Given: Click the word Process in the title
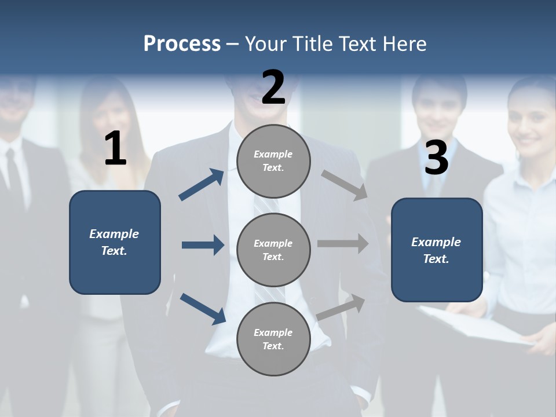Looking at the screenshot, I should [x=182, y=44].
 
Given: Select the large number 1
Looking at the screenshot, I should [x=115, y=149].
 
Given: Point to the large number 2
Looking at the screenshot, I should [x=273, y=87].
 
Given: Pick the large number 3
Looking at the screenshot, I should [x=436, y=158].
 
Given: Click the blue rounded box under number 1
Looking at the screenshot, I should [x=115, y=242].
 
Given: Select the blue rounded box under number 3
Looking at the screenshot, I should [x=437, y=250].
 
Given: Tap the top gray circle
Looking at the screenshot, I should [x=273, y=160].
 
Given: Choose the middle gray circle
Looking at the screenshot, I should [x=273, y=250].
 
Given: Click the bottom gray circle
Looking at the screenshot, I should [x=273, y=339].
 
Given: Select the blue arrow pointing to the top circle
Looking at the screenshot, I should [x=202, y=185].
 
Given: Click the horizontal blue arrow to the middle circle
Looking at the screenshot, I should [x=203, y=245].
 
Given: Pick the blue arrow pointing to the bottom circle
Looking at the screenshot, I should [x=203, y=309].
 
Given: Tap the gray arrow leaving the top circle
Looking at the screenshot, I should [x=344, y=185].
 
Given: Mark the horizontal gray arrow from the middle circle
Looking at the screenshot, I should [x=343, y=244].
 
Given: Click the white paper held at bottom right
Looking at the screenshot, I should [x=481, y=327].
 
